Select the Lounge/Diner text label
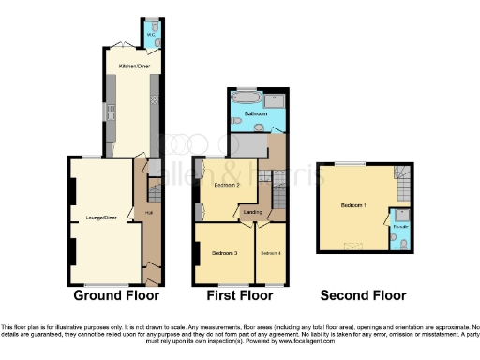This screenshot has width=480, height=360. coord(100,217)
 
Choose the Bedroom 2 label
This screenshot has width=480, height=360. coord(228,185)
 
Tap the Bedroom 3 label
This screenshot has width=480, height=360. coord(224,254)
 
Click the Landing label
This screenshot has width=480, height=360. coord(253,212)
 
